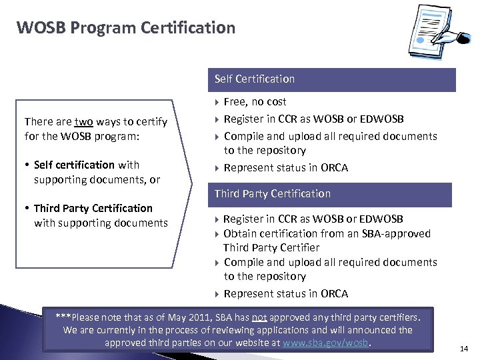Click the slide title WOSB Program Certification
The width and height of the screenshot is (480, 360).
(x=126, y=28)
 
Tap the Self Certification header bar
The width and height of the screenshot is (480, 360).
(x=331, y=79)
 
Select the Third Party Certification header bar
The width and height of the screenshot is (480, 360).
(x=331, y=194)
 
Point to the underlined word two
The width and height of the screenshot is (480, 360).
(x=83, y=121)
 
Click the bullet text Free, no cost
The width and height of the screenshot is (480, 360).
(x=255, y=102)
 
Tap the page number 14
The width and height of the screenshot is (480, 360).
(x=465, y=347)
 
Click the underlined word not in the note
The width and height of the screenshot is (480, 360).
(x=259, y=317)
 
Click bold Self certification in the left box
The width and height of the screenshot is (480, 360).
(x=74, y=165)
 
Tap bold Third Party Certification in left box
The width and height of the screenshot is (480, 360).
(x=93, y=208)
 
